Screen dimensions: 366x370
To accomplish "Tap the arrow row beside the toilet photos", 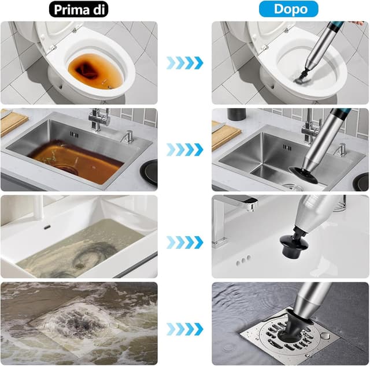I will [x=184, y=63].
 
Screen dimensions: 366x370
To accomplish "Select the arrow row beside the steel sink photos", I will [x=184, y=150].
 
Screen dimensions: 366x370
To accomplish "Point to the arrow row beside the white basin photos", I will [x=184, y=242].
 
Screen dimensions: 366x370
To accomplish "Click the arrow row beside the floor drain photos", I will [x=184, y=329].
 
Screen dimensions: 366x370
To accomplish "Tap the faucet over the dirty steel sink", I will [x=98, y=119].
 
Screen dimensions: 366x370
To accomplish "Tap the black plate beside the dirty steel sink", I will [x=150, y=172].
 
